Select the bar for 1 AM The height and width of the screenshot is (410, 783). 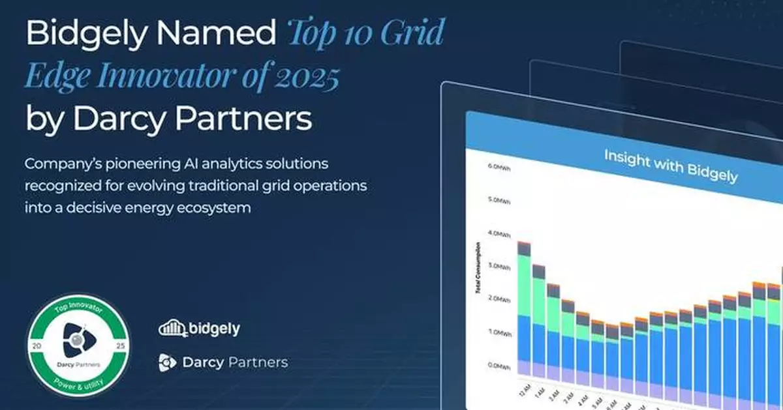[x=539, y=326]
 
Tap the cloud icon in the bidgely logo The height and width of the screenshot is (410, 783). [x=172, y=329]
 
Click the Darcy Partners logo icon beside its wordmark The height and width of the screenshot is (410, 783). [x=167, y=362]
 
